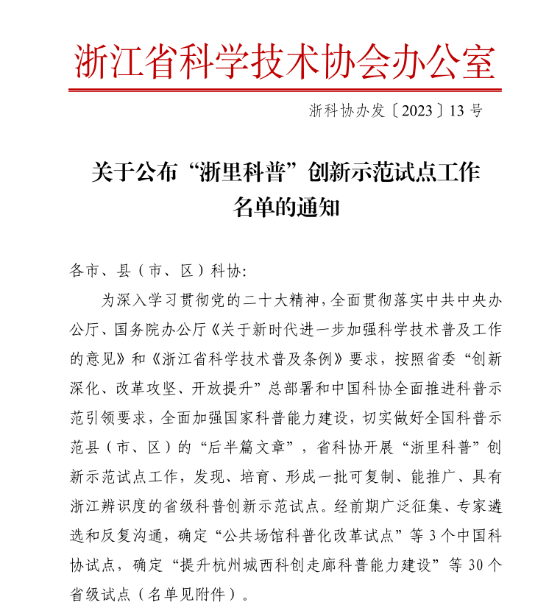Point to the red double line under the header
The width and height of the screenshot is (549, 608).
[285, 91]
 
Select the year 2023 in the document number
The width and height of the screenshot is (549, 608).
[416, 111]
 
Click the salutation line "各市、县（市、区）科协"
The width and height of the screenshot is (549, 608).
[155, 270]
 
